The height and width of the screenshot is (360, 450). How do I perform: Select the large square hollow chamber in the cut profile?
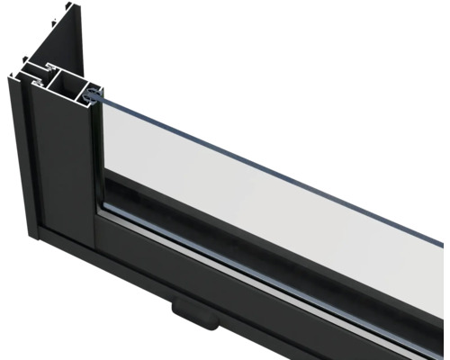[x=67, y=84]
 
